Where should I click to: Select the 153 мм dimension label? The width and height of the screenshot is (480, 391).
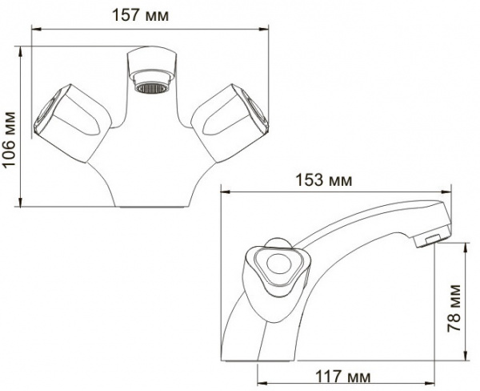click(x=330, y=180)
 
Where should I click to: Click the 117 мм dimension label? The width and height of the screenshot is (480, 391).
click(x=347, y=375)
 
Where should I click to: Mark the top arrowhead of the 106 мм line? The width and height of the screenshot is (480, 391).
click(x=19, y=50)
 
